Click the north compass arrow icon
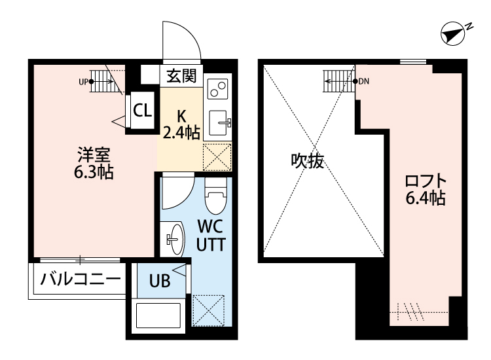click(452, 35)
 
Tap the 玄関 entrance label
click(180, 76)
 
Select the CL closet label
click(141, 110)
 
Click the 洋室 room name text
click(95, 156)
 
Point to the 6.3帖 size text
click(95, 173)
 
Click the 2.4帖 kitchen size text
click(181, 132)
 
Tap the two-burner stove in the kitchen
click(217, 86)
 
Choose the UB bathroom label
click(160, 281)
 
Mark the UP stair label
click(83, 82)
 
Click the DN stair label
click(365, 82)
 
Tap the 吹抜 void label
click(308, 161)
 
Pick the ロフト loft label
click(426, 181)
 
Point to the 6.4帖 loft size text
click(426, 198)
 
